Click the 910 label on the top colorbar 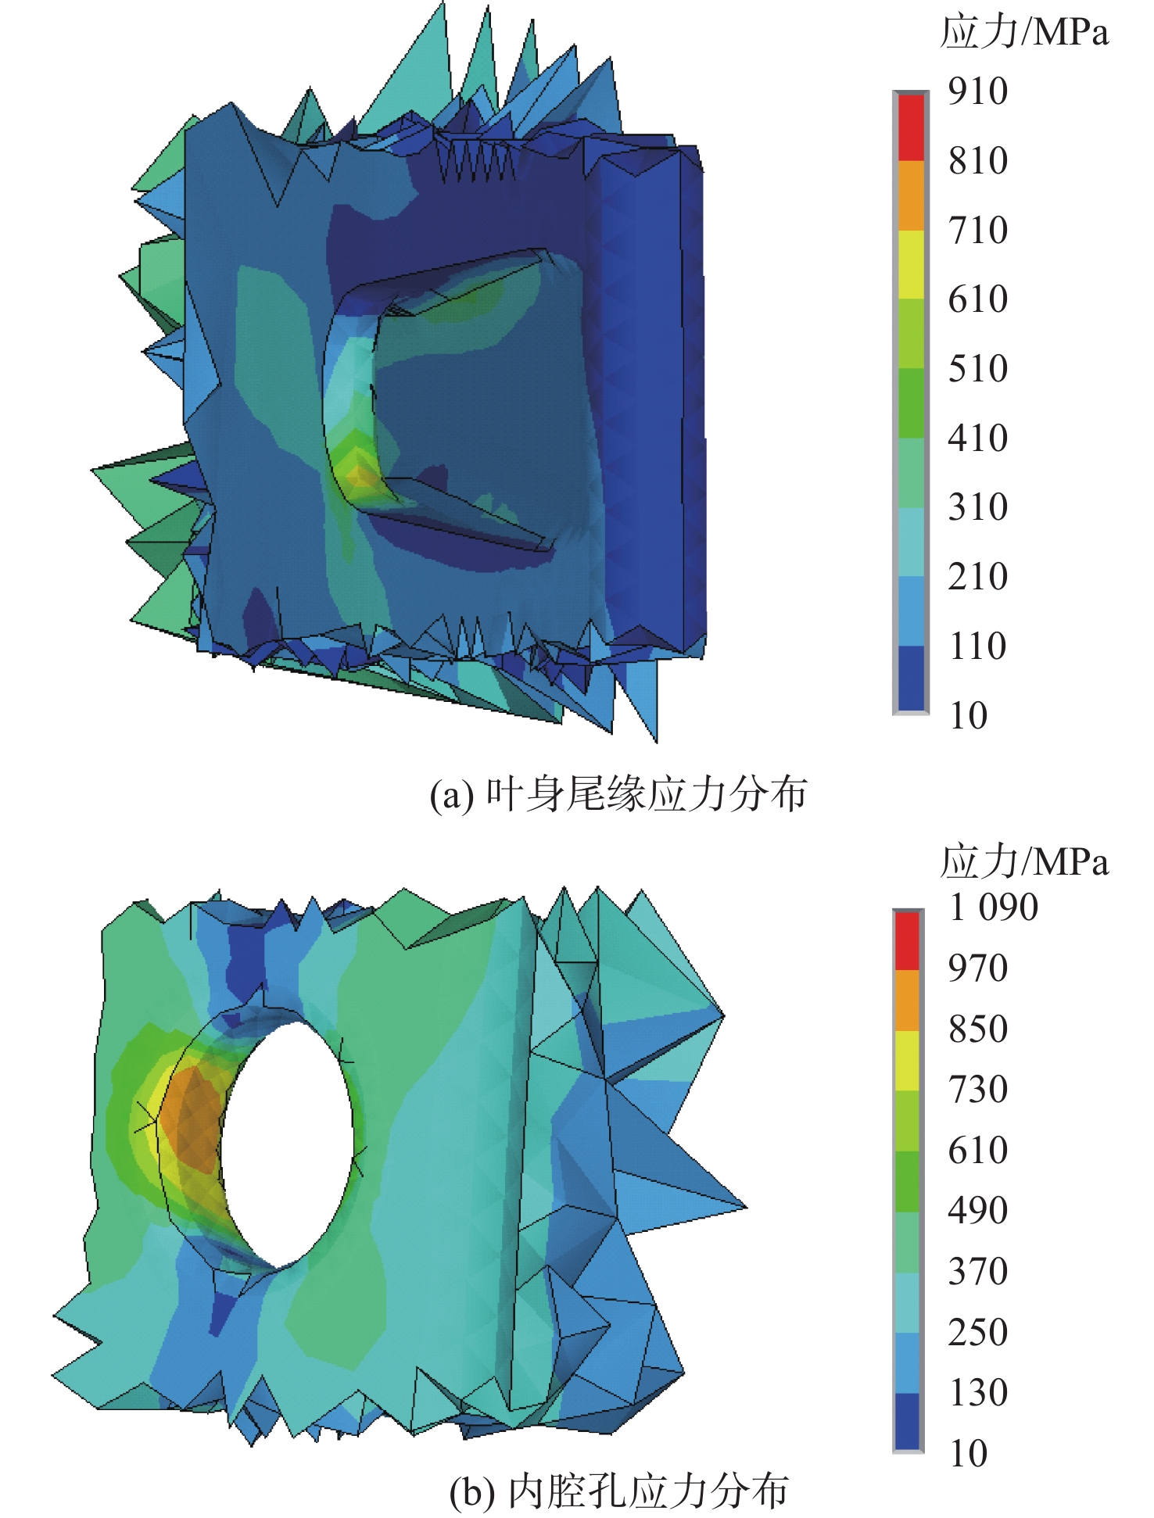(978, 91)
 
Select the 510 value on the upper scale (978, 369)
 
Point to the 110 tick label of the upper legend (978, 646)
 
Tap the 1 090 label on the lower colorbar (994, 908)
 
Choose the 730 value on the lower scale (978, 1089)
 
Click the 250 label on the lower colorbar (978, 1332)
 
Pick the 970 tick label (978, 968)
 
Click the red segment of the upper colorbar (911, 127)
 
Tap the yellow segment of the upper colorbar (911, 265)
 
